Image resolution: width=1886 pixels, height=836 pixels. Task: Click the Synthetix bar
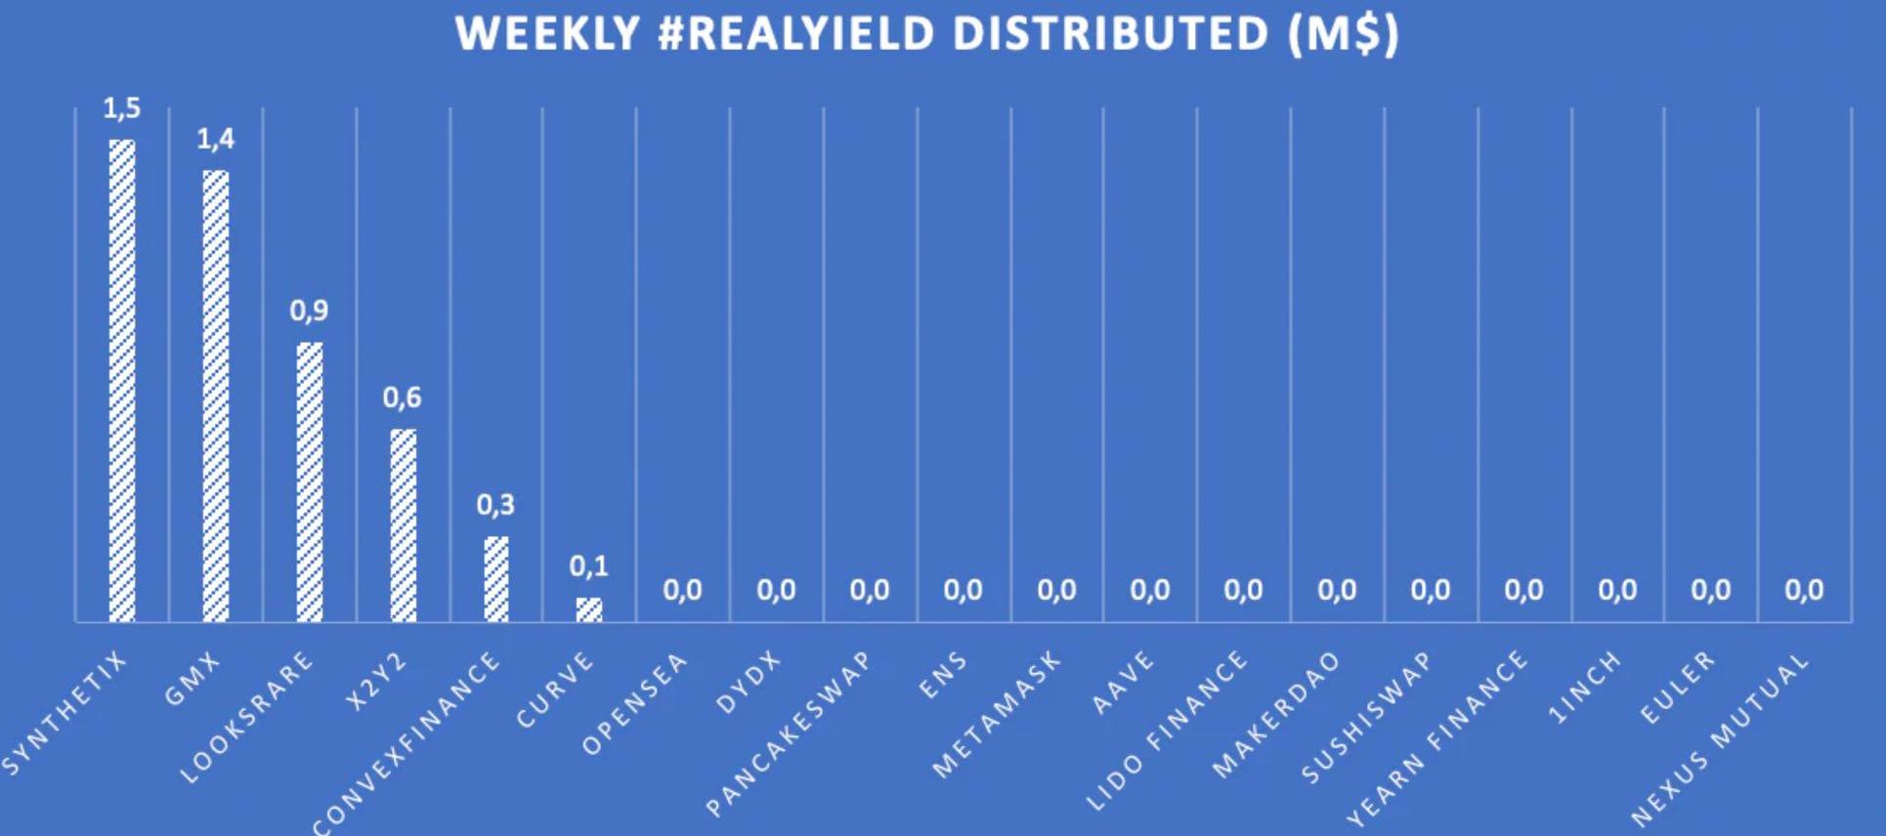(x=122, y=381)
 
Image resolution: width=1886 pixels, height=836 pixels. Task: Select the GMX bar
(x=216, y=396)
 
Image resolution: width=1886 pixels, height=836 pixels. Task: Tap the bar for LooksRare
(x=310, y=481)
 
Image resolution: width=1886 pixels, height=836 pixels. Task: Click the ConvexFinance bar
(x=496, y=578)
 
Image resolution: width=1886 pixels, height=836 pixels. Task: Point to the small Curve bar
(x=589, y=609)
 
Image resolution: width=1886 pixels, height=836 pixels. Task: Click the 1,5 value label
(x=122, y=108)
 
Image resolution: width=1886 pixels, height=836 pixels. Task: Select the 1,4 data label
(x=216, y=140)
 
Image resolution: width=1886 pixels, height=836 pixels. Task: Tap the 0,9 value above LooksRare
(x=309, y=312)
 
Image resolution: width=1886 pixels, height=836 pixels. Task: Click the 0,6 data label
(x=402, y=397)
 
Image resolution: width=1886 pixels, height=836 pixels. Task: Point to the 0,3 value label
(x=495, y=505)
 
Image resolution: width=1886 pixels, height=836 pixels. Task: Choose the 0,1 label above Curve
(x=588, y=566)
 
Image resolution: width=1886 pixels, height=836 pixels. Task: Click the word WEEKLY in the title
(x=547, y=34)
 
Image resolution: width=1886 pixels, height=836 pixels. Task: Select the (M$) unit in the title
(x=1343, y=34)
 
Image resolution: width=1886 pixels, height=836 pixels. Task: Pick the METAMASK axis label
(x=997, y=715)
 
